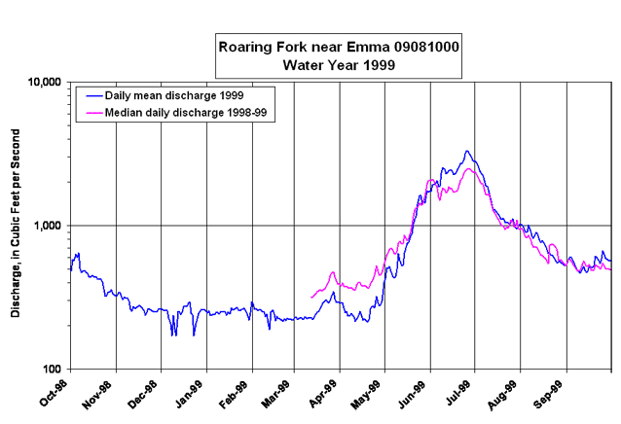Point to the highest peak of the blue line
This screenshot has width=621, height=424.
tap(467, 151)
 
